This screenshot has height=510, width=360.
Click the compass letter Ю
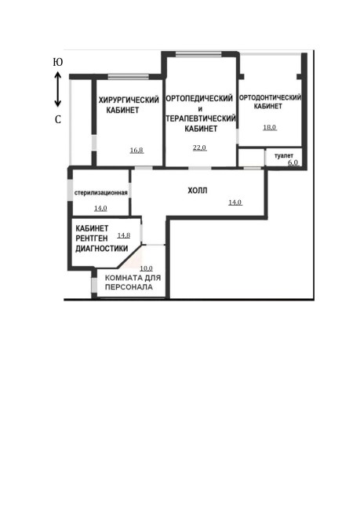tap(58, 62)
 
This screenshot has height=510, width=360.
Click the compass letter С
tap(58, 120)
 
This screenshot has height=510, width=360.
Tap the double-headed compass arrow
tap(57, 89)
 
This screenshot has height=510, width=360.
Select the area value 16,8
tap(136, 151)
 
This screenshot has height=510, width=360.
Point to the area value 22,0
tap(199, 148)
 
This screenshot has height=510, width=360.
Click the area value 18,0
tap(270, 127)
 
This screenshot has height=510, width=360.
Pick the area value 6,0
tap(293, 162)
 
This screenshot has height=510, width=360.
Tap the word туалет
tap(284, 156)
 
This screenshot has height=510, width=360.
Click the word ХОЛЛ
tap(198, 191)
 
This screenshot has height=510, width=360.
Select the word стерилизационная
tap(101, 192)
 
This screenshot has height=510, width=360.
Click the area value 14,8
tap(124, 235)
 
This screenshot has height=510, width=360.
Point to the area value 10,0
tap(146, 268)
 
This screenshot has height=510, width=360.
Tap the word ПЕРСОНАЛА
tap(129, 287)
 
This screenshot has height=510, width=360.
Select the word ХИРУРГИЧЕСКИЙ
tap(129, 100)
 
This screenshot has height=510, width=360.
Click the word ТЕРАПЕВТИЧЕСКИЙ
tap(201, 118)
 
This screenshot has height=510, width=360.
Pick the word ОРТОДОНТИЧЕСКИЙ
tap(271, 97)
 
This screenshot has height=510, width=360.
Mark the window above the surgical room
tap(128, 77)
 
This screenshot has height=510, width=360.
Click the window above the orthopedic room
tap(198, 54)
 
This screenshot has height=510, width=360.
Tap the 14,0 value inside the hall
tap(235, 202)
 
